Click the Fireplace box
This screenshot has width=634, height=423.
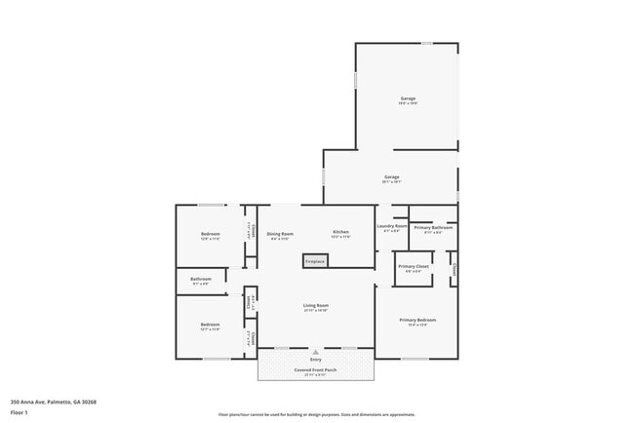pyautogui.click(x=315, y=261)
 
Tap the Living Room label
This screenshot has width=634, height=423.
pyautogui.click(x=315, y=305)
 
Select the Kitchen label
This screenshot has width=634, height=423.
pyautogui.click(x=340, y=232)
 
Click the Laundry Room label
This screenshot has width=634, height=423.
pyautogui.click(x=391, y=226)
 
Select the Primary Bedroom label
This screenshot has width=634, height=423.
pyautogui.click(x=417, y=320)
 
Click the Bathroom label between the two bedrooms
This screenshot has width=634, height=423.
pyautogui.click(x=201, y=279)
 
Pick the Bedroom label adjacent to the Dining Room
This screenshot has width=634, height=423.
pyautogui.click(x=211, y=234)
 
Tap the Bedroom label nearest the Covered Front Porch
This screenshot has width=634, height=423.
pyautogui.click(x=210, y=324)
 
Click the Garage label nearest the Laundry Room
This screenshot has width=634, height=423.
pyautogui.click(x=391, y=176)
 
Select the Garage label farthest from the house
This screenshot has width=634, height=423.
pyautogui.click(x=408, y=98)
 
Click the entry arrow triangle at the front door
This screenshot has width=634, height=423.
pyautogui.click(x=315, y=351)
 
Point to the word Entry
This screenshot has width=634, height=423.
pyautogui.click(x=315, y=361)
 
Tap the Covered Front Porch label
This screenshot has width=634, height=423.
pyautogui.click(x=315, y=369)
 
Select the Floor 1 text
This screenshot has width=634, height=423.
pyautogui.click(x=20, y=412)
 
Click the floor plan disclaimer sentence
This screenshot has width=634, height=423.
pyautogui.click(x=317, y=413)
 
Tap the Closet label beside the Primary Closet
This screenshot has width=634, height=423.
pyautogui.click(x=454, y=268)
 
